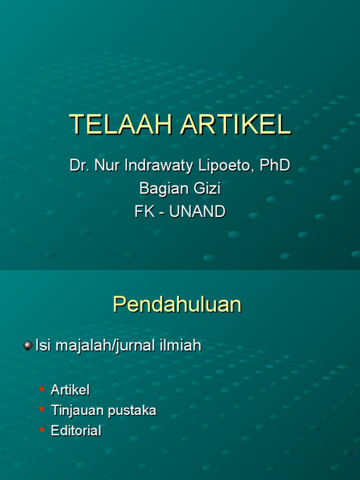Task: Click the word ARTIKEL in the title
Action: tap(236, 125)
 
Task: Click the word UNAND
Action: tap(197, 212)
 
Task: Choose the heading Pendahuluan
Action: tap(177, 305)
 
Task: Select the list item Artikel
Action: tap(70, 390)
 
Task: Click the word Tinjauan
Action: tap(78, 411)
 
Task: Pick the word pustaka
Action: tap(132, 411)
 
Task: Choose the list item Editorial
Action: tap(76, 431)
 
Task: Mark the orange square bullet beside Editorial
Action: tap(42, 429)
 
